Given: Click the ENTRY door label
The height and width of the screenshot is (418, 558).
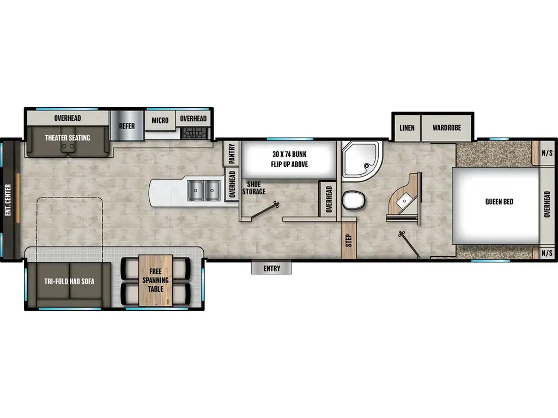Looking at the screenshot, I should point(271,268).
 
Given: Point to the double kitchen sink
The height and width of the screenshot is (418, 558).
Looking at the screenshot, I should point(203,190).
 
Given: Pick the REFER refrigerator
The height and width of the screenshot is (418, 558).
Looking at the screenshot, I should point(126,126).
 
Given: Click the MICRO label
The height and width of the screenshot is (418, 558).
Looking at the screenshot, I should point(160,120).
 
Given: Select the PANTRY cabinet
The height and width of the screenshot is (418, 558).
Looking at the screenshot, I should point(232,153).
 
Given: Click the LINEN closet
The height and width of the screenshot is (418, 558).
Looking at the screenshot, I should point(407,128).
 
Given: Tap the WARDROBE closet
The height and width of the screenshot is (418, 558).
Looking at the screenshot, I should point(447,128).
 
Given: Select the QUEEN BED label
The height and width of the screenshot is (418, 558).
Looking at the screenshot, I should point(499,202).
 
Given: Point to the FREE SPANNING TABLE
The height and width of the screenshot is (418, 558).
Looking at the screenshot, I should point(155,280).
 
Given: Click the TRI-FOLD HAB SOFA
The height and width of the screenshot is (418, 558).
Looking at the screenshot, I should point(69,281).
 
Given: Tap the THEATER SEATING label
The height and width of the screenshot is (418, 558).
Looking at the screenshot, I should point(68,138).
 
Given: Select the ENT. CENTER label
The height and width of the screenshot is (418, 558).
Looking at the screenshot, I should point(8,200).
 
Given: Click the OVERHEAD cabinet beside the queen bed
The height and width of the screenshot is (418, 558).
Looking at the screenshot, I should point(547,204).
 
